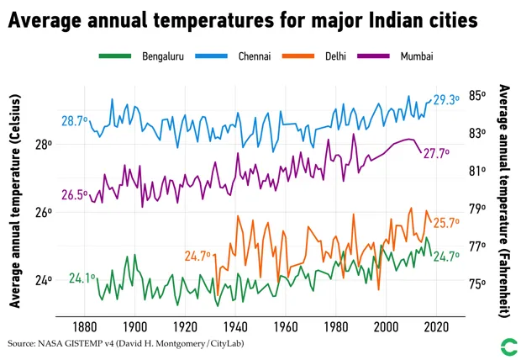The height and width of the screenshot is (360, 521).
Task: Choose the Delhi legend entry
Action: tap(338, 56)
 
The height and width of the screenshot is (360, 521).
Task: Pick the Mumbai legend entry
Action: tap(418, 56)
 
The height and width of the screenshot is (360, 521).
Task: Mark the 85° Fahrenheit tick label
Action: tap(477, 95)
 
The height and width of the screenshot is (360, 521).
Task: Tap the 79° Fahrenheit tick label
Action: tap(477, 209)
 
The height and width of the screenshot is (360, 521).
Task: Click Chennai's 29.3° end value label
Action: tap(446, 99)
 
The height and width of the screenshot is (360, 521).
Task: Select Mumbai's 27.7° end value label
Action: tap(435, 154)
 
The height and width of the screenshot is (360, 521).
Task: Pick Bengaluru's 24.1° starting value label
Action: tap(82, 278)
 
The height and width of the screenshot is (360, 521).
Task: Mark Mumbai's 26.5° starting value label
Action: tap(75, 195)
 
